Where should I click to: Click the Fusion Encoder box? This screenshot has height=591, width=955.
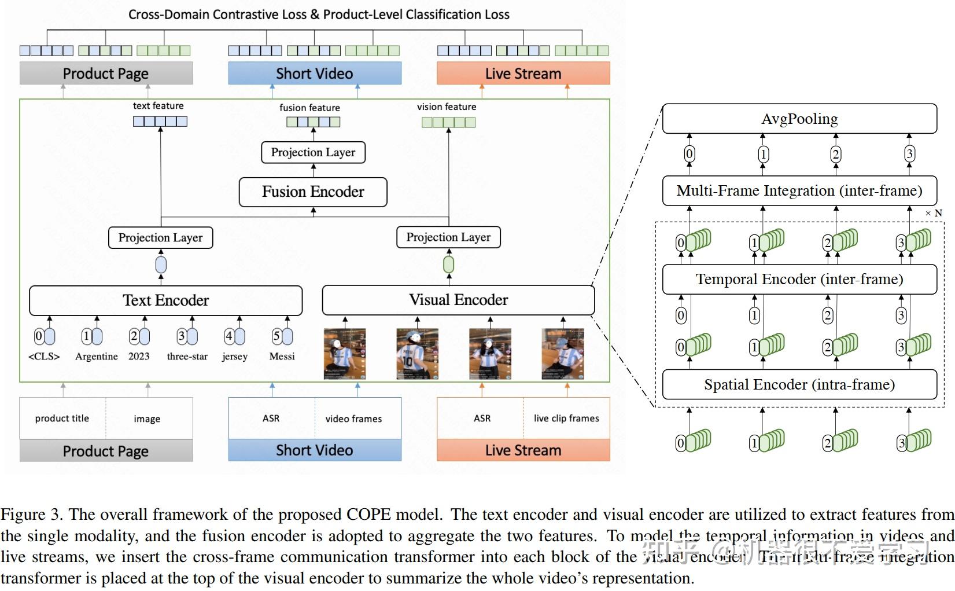coord(313,192)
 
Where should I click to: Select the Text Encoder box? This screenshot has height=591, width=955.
coord(165,300)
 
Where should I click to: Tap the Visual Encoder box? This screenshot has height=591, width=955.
coord(458,300)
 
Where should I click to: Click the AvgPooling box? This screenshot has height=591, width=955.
coord(799,119)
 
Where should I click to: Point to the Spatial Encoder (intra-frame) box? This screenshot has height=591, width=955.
coord(799,385)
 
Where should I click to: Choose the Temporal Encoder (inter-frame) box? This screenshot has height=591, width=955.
coord(799,280)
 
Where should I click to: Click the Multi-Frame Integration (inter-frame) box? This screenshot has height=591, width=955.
coord(799,191)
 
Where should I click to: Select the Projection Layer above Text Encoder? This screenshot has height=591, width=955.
coord(160,238)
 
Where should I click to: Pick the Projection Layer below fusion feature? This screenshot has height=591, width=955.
coord(313,152)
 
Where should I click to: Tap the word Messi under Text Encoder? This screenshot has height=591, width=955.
coord(282,357)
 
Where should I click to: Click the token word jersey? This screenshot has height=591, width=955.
coord(234,357)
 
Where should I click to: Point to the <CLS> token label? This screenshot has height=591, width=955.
coord(44,357)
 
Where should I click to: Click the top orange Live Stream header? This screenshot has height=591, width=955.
coord(523,74)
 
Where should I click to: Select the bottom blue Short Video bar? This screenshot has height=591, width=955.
coord(314,450)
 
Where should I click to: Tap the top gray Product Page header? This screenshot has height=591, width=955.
coord(106,74)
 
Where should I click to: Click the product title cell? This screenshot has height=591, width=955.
coord(62,419)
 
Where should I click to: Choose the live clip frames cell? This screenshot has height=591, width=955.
coord(566,419)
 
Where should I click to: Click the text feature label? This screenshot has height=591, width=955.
coord(158,106)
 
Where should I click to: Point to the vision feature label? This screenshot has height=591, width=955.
coord(447,107)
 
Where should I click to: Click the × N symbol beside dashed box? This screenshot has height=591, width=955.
coord(934,213)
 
